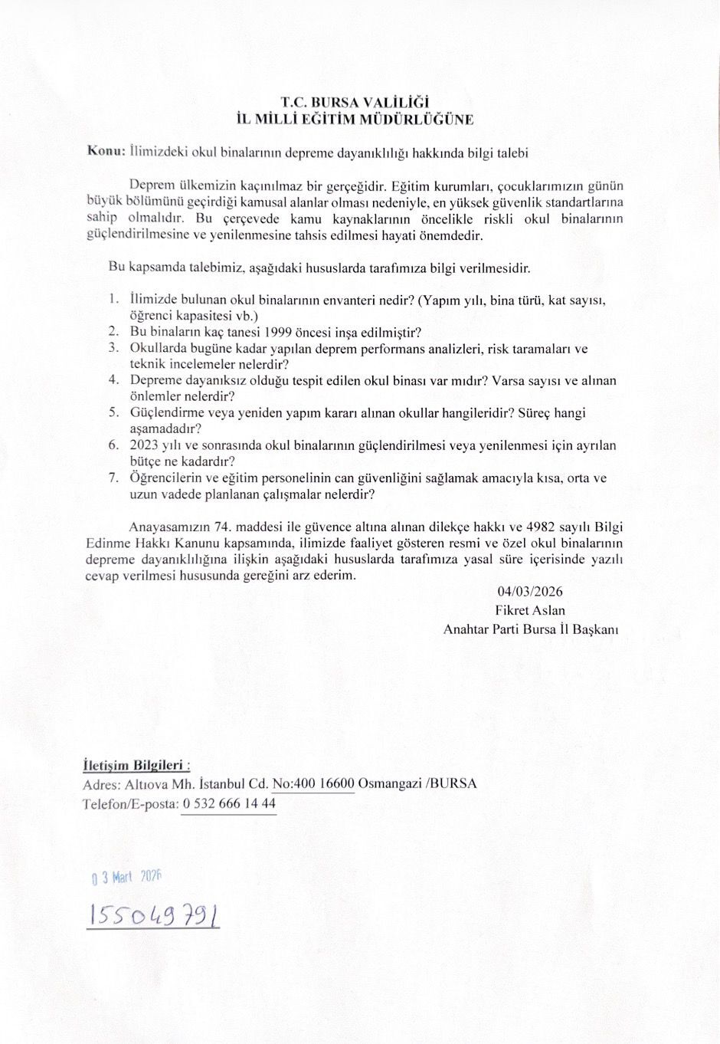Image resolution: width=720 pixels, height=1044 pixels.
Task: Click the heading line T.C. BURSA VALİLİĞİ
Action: pyautogui.click(x=355, y=102)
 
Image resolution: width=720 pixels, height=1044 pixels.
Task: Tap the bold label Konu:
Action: pyautogui.click(x=106, y=151)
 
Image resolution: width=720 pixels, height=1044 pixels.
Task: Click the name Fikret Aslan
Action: pyautogui.click(x=530, y=610)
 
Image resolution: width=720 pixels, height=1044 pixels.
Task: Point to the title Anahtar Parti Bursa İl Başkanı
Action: pyautogui.click(x=531, y=629)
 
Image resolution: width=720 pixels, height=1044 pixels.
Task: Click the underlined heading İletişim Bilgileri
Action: pyautogui.click(x=136, y=765)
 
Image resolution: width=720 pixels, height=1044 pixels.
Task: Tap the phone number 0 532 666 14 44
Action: pyautogui.click(x=229, y=803)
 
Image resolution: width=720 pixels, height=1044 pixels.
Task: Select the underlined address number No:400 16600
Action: pyautogui.click(x=313, y=783)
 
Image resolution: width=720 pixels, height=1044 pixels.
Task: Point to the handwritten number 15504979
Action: pyautogui.click(x=153, y=914)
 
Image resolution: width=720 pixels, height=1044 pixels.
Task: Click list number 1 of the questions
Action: pyautogui.click(x=113, y=299)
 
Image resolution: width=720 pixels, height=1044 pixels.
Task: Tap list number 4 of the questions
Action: pyautogui.click(x=113, y=379)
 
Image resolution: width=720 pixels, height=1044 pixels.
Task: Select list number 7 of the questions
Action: pyautogui.click(x=113, y=477)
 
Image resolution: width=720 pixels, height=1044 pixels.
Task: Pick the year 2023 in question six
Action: pyautogui.click(x=144, y=445)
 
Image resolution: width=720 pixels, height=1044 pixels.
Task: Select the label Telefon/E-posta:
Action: pyautogui.click(x=129, y=803)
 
